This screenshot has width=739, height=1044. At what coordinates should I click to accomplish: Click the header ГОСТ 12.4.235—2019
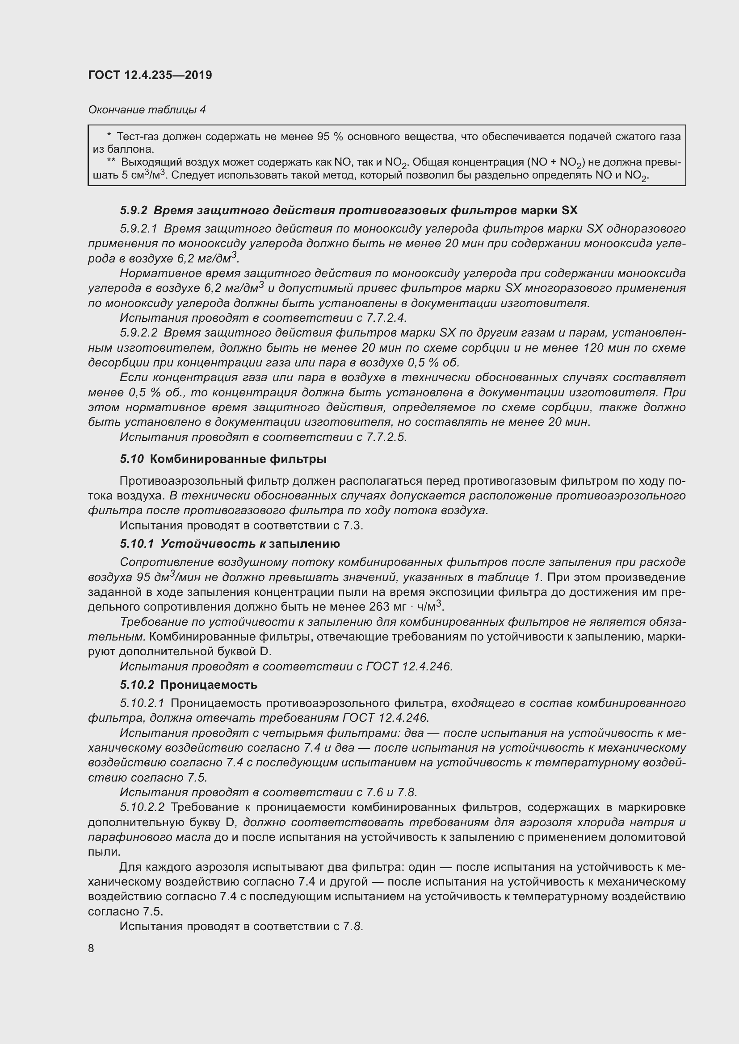(x=150, y=75)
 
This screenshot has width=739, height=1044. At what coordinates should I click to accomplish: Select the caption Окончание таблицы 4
(x=147, y=110)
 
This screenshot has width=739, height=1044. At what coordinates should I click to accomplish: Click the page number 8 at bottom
(x=91, y=948)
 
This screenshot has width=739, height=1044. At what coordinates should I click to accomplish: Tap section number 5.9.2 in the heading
(x=134, y=210)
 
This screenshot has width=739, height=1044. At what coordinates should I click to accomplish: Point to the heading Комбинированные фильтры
(x=238, y=459)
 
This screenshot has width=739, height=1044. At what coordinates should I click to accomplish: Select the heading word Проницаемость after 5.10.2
(x=209, y=685)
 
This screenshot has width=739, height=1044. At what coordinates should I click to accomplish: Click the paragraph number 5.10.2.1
(x=142, y=703)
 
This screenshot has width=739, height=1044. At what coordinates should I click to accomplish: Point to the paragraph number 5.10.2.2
(x=142, y=807)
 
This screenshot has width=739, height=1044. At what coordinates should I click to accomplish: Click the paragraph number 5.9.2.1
(x=139, y=229)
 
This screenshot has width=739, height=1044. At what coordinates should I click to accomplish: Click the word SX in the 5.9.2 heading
(x=569, y=210)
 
